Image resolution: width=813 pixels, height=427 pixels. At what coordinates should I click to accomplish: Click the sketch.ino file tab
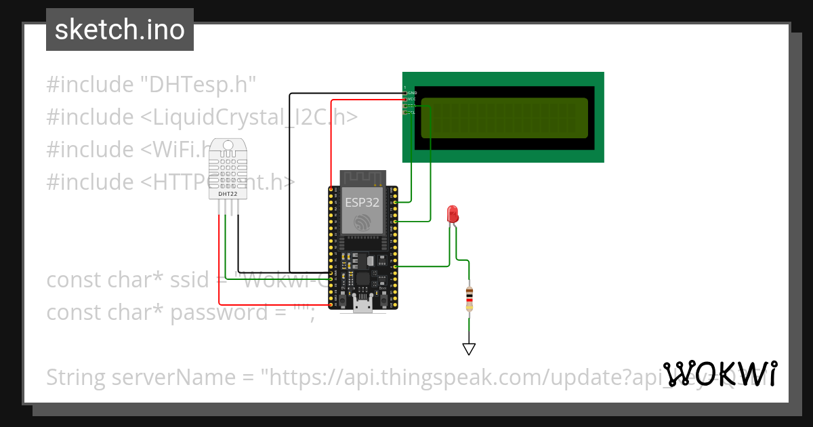pos(120,30)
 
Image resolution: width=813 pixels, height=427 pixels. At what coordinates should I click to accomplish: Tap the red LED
pos(453,215)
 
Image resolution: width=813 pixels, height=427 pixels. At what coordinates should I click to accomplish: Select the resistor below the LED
pos(469,299)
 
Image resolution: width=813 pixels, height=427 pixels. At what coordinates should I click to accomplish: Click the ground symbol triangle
pos(469,349)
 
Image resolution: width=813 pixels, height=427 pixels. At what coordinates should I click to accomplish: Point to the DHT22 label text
pos(228,195)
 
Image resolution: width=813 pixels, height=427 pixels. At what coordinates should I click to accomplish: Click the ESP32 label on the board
pos(362,202)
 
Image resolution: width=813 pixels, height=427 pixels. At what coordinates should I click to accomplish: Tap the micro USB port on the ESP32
pos(362,306)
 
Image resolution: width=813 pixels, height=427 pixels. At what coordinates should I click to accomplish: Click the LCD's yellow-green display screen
pos(505,118)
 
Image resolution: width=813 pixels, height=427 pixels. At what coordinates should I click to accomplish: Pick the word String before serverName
pos(76,378)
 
